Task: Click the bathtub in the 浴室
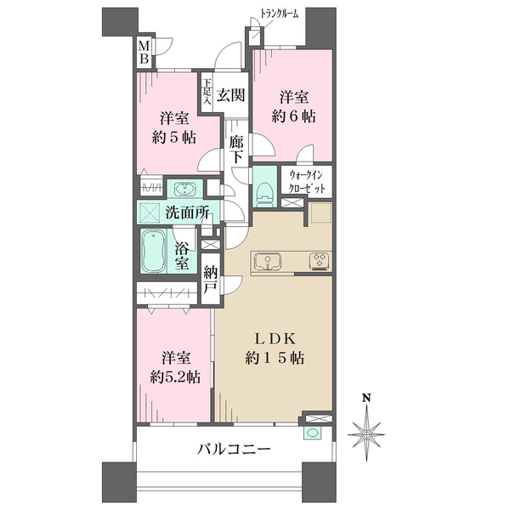pyautogui.click(x=153, y=251)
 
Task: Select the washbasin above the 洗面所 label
pyautogui.click(x=184, y=190)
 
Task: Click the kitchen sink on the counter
pyautogui.click(x=268, y=261)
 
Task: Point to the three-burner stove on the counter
pyautogui.click(x=320, y=261)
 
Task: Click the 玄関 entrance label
pyautogui.click(x=230, y=95)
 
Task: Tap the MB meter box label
pyautogui.click(x=144, y=53)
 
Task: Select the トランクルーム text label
pyautogui.click(x=279, y=14)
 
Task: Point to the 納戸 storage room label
pyautogui.click(x=211, y=280)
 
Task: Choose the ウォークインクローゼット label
pyautogui.click(x=307, y=182)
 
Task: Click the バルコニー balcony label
pyautogui.click(x=234, y=450)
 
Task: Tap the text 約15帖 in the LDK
pyautogui.click(x=275, y=359)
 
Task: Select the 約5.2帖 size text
pyautogui.click(x=175, y=377)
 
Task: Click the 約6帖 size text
pyautogui.click(x=293, y=116)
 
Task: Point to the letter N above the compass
pyautogui.click(x=367, y=398)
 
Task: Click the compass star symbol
pyautogui.click(x=367, y=434)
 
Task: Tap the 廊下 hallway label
pyautogui.click(x=236, y=150)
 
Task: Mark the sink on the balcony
pyautogui.click(x=313, y=433)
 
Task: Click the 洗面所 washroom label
pyautogui.click(x=187, y=213)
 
